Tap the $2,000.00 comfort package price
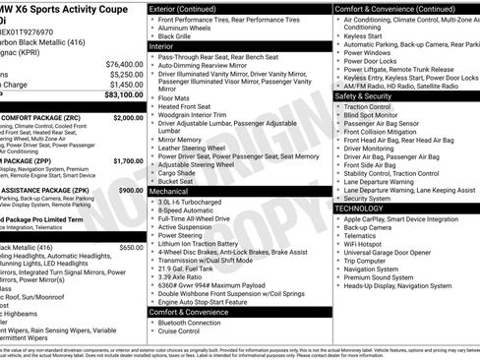click(128, 118)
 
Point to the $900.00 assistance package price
click(131, 190)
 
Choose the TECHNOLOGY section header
click(366, 209)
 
